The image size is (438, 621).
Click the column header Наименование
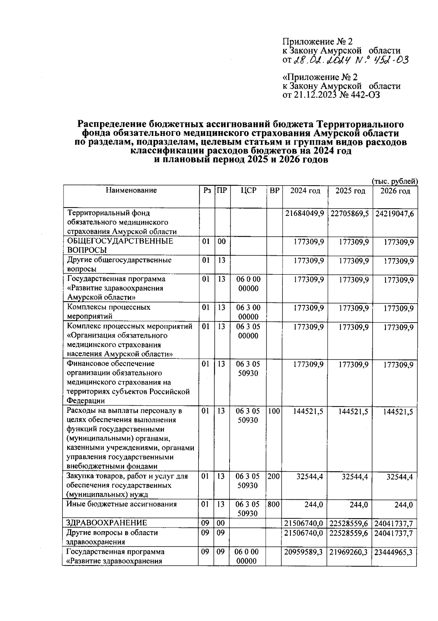tap(131, 190)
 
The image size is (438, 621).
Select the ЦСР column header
tap(249, 191)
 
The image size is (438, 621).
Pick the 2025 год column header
tap(350, 191)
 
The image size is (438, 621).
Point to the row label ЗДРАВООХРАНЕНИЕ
tap(107, 523)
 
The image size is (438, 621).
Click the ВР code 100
tap(274, 411)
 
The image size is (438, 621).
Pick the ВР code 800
tap(274, 504)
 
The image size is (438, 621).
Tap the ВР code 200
tap(274, 476)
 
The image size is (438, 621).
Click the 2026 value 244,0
tap(404, 505)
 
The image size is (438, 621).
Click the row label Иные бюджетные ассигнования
tap(122, 504)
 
